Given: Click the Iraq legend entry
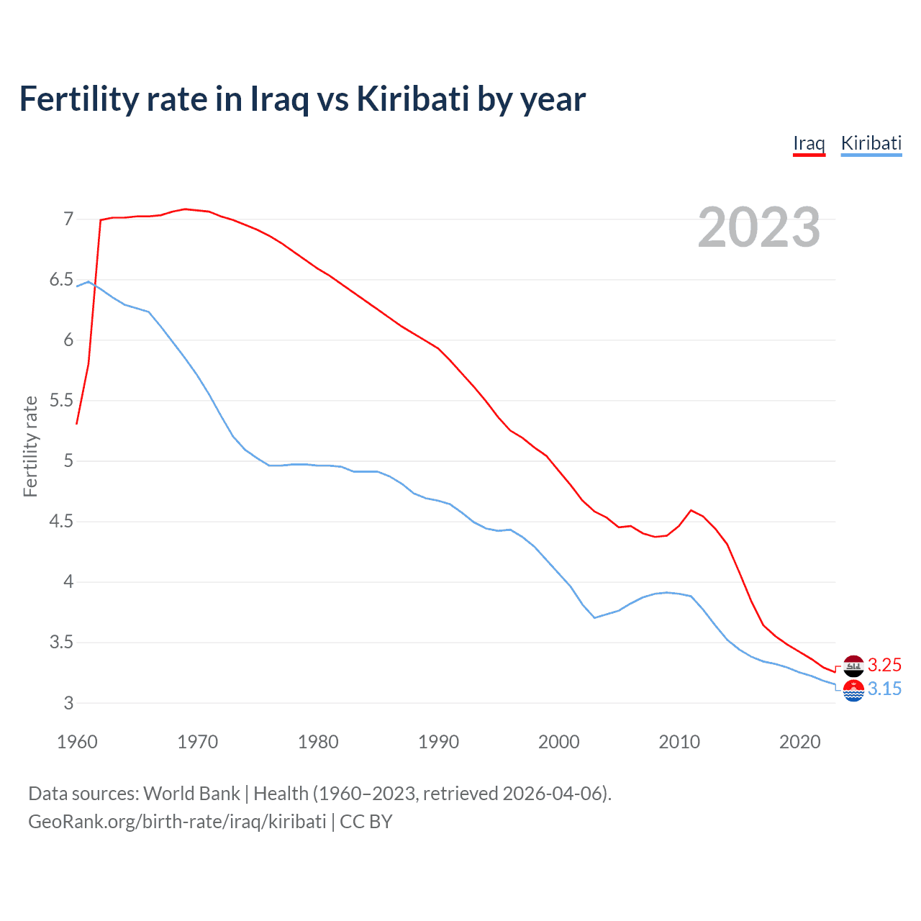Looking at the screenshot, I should [x=809, y=143].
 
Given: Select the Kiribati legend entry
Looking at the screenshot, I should [x=871, y=143].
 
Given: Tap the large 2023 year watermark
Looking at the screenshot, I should [x=759, y=227].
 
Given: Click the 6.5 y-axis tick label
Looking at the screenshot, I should [x=61, y=279].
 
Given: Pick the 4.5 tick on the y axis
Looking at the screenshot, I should [x=61, y=521].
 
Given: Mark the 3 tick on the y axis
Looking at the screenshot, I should [x=68, y=703].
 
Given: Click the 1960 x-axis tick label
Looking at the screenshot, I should [x=77, y=742].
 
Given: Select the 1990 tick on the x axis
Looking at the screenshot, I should [x=438, y=742].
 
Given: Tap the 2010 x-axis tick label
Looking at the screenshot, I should [x=679, y=742].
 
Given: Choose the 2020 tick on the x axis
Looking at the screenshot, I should [x=799, y=742].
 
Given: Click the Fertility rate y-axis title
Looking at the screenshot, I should [x=30, y=446].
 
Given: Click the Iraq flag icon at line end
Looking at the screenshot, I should [x=853, y=666].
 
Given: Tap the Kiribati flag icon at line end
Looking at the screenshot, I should [x=853, y=690].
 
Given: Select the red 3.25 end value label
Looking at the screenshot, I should [x=884, y=665].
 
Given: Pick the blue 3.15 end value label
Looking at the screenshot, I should [x=884, y=689].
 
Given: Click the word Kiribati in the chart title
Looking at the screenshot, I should [x=413, y=99].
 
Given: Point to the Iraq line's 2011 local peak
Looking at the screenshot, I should [x=691, y=510].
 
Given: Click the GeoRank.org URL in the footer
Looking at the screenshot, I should [x=177, y=822].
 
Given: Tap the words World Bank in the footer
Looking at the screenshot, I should [x=191, y=794].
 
